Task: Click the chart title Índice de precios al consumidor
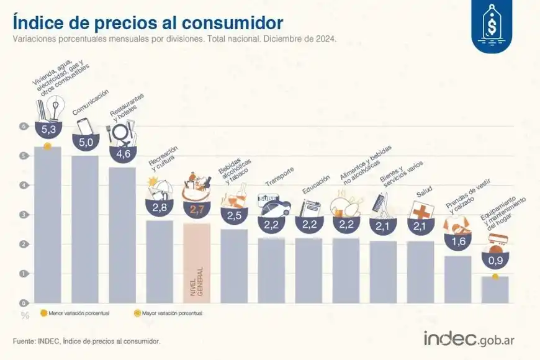tap(148, 22)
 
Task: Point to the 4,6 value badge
tap(122, 151)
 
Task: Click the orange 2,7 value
tap(197, 210)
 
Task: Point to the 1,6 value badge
tap(457, 241)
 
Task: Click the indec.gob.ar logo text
tap(469, 339)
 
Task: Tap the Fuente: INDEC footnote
tap(86, 341)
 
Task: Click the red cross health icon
tap(420, 210)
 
